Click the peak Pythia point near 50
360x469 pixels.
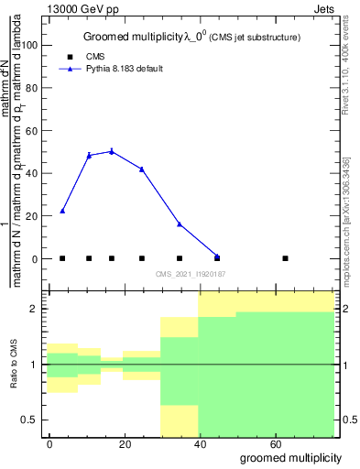(x=112, y=151)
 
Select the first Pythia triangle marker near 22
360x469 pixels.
(x=62, y=211)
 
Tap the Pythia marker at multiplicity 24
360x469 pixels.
(x=142, y=169)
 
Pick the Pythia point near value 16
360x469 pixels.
(x=180, y=224)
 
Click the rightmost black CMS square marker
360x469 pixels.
(x=286, y=258)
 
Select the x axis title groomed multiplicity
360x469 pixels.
(x=290, y=457)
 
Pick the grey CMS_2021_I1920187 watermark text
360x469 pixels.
(x=190, y=273)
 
